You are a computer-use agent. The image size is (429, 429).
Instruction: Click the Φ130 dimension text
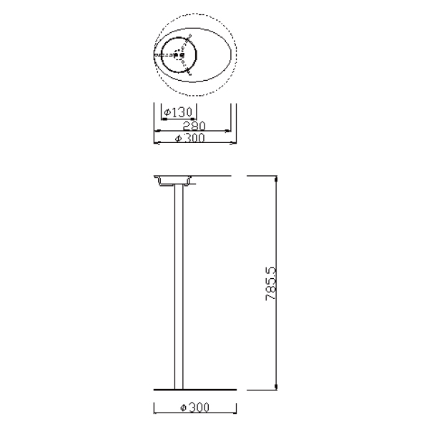pyautogui.click(x=178, y=112)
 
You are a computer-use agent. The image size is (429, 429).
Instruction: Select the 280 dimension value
pyautogui.click(x=194, y=126)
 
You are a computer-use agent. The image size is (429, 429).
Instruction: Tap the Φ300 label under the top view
pyautogui.click(x=190, y=138)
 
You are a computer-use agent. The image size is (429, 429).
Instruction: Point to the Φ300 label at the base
pyautogui.click(x=194, y=408)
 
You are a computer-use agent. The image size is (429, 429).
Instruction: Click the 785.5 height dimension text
pyautogui.click(x=271, y=284)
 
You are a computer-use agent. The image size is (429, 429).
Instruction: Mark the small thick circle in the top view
pyautogui.click(x=179, y=55)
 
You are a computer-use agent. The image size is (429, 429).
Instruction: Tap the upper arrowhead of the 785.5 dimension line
pyautogui.click(x=276, y=179)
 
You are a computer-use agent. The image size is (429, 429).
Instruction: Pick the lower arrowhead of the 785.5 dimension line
pyautogui.click(x=276, y=386)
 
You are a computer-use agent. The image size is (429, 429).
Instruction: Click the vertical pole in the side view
pyautogui.click(x=179, y=287)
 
